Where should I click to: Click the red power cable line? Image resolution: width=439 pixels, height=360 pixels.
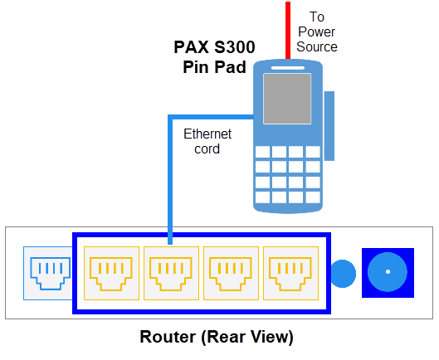tap(288, 30)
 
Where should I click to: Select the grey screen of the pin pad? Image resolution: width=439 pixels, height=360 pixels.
tap(287, 99)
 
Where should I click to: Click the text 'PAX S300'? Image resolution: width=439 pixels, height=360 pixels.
tap(214, 47)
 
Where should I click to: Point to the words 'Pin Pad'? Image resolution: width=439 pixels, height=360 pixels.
tap(214, 67)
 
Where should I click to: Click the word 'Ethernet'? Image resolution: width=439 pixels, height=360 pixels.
tap(207, 134)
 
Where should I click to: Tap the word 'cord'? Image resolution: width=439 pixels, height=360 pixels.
tap(207, 149)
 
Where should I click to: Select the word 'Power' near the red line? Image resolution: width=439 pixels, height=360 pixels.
tap(316, 32)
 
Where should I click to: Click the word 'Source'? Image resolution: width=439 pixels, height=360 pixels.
tap(317, 46)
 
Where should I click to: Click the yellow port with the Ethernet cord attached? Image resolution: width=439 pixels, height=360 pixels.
tap(171, 273)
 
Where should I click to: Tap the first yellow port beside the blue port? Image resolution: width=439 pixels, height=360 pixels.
tap(111, 273)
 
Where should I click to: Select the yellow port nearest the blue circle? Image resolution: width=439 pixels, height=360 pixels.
tap(290, 273)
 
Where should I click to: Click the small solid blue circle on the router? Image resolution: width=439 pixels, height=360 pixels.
tap(343, 274)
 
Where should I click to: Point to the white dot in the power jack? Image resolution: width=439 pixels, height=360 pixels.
tap(388, 271)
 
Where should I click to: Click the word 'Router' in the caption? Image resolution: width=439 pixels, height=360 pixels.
tap(168, 337)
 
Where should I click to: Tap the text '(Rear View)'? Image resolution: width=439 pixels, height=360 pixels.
tap(247, 337)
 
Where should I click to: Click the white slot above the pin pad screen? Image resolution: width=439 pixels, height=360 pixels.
tap(287, 68)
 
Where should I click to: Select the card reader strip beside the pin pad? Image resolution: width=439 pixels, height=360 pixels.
tap(329, 126)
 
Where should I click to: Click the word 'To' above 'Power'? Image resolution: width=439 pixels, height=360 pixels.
tap(317, 17)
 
